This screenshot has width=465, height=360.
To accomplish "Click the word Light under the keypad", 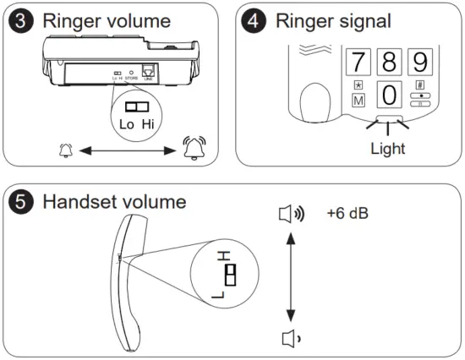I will pos(387,148).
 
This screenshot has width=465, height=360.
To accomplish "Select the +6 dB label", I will pos(347,212).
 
